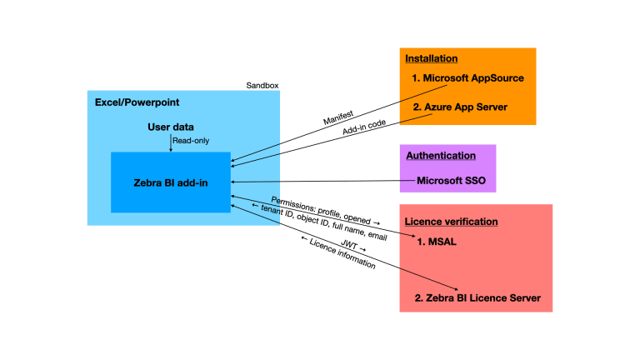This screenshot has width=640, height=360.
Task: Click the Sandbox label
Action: tap(262, 85)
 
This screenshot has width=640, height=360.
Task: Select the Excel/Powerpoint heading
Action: tap(137, 103)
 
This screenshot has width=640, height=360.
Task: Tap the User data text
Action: tap(170, 127)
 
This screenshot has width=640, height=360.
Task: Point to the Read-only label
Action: tap(190, 141)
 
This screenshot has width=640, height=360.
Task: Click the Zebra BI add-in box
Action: tap(170, 182)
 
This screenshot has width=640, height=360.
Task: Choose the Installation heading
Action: tap(431, 59)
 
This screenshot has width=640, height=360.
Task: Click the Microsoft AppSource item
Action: tap(467, 79)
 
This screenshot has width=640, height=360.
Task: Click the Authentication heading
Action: tap(441, 156)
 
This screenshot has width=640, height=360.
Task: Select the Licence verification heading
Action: tap(451, 222)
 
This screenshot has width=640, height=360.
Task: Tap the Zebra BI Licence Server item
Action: tap(477, 297)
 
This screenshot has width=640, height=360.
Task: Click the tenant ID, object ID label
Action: tap(318, 224)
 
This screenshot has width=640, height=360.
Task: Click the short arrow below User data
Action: tap(170, 142)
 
